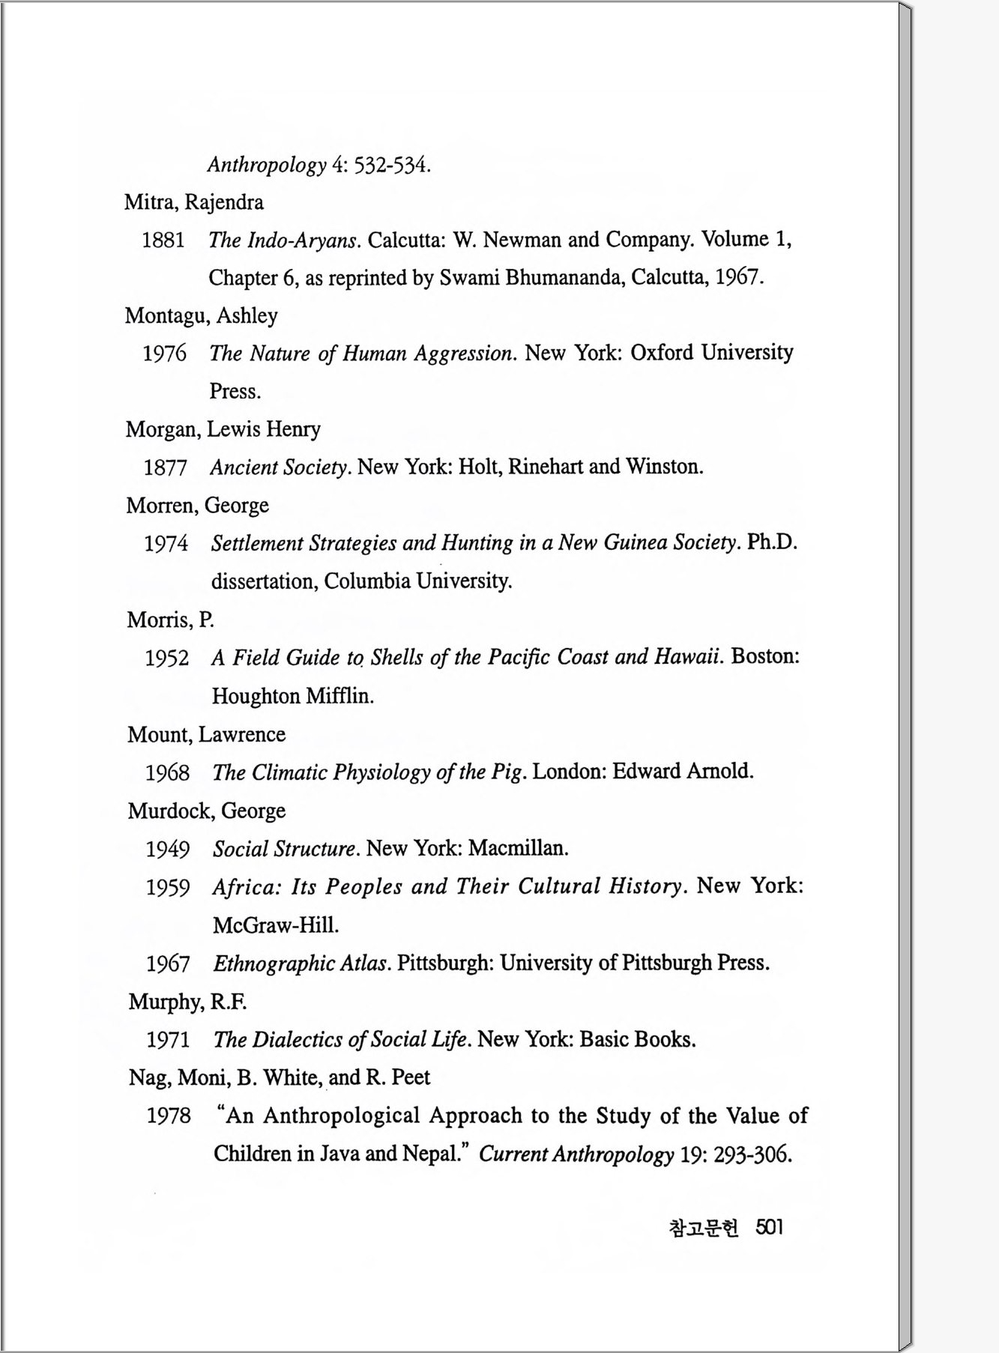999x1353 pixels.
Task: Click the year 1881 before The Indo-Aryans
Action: click(x=163, y=240)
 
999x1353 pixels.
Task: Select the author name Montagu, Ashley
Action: click(x=201, y=315)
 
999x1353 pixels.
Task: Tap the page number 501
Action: click(x=769, y=1227)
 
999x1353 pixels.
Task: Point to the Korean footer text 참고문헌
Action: click(x=703, y=1228)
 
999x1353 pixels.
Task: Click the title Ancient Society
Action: click(x=280, y=467)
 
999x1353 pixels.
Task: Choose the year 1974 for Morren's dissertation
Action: click(x=166, y=544)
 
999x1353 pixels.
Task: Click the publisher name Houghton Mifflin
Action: click(x=292, y=696)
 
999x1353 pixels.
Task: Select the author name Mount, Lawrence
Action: click(x=206, y=734)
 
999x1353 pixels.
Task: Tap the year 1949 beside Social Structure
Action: click(x=167, y=850)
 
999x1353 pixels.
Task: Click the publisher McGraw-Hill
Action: click(x=275, y=925)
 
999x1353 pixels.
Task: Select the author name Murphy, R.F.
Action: click(x=187, y=1002)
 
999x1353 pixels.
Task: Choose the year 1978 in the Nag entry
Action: click(x=169, y=1116)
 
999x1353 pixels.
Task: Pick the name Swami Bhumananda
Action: click(x=531, y=278)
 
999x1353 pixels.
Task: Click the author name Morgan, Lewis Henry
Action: click(x=223, y=429)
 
